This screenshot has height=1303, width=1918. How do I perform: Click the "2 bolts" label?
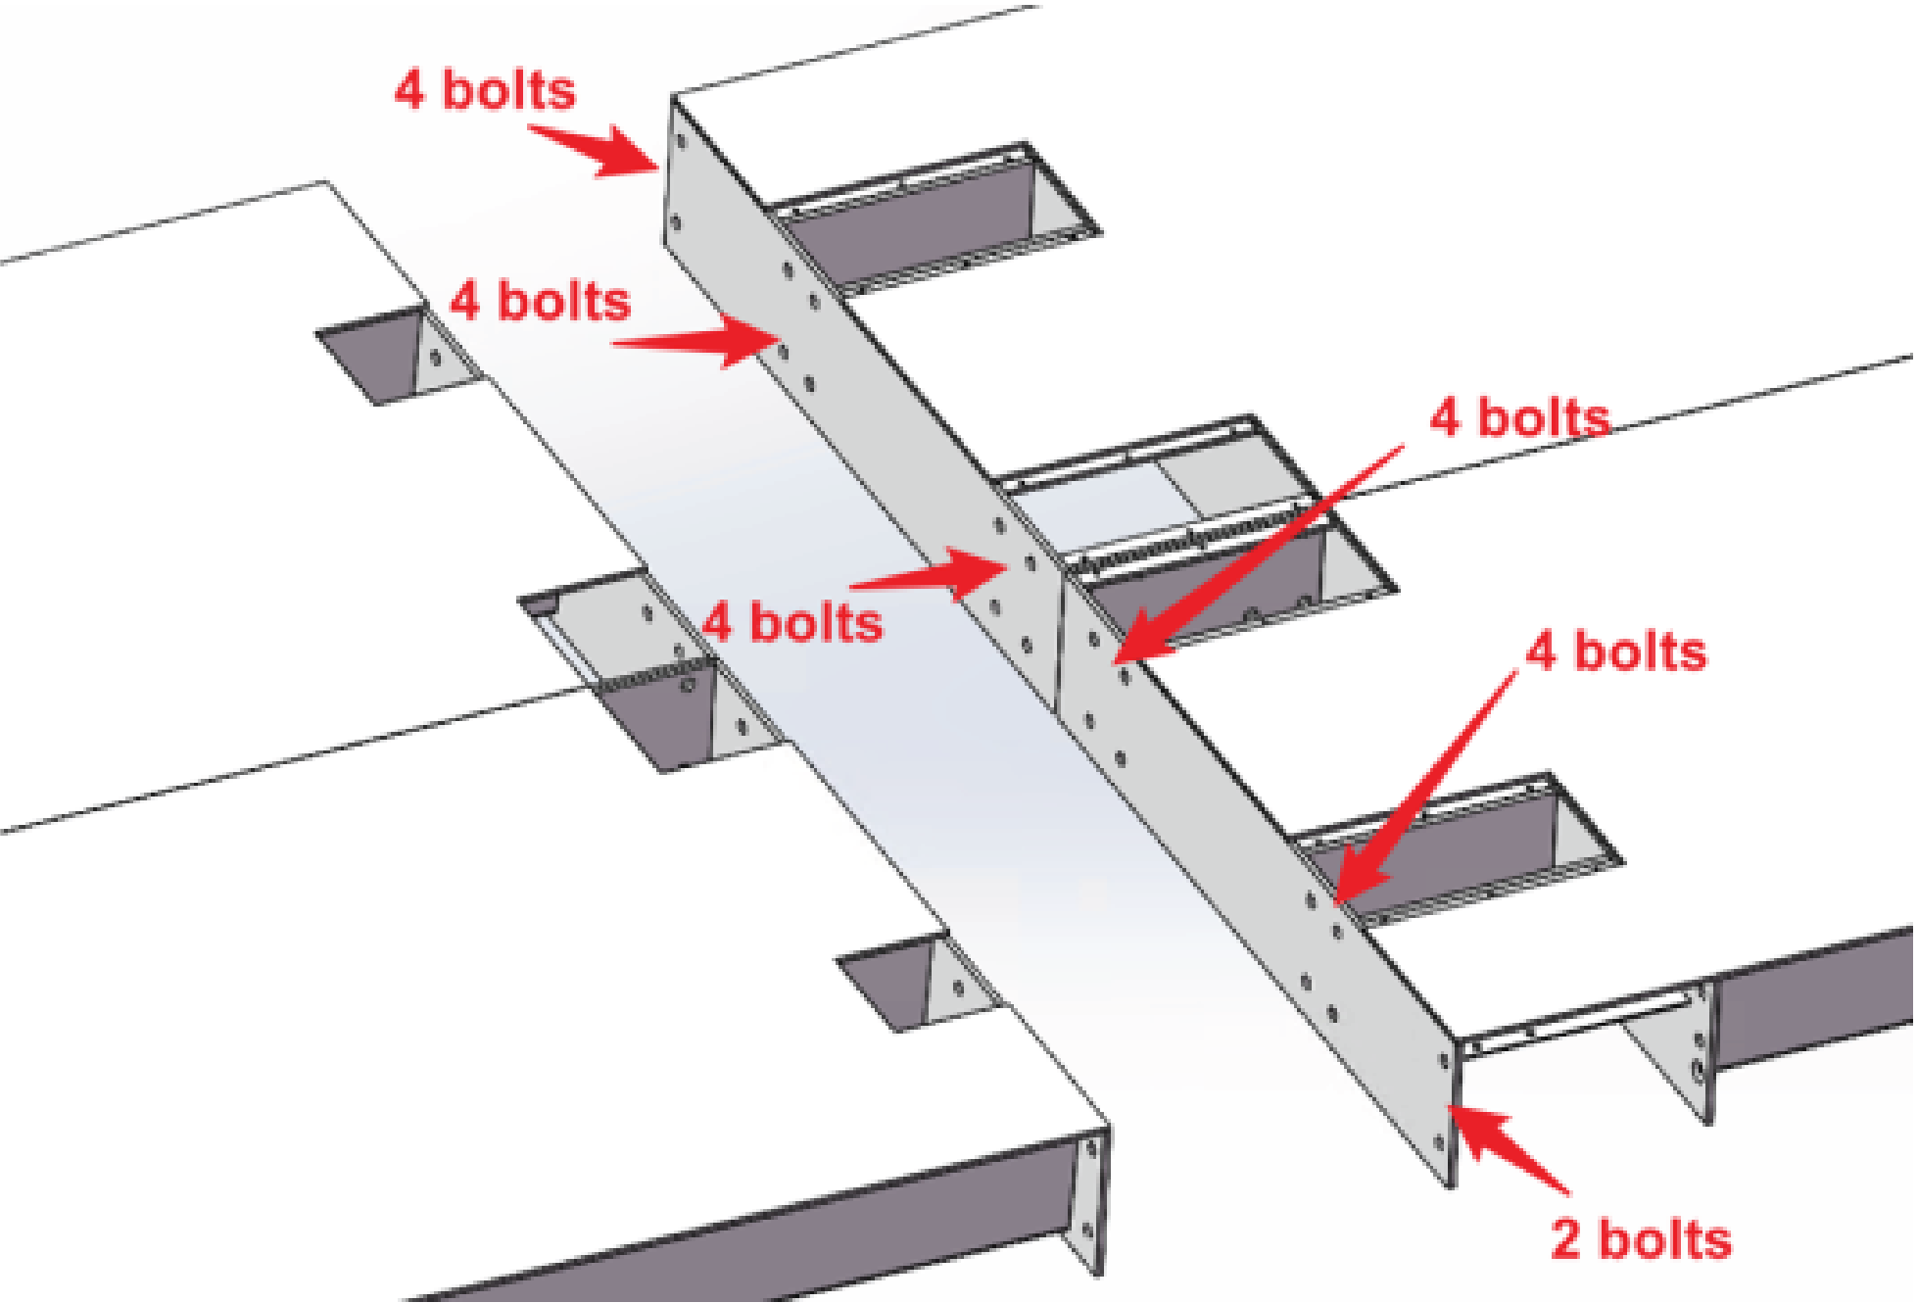click(1641, 1239)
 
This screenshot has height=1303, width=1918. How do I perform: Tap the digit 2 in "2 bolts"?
click(1566, 1240)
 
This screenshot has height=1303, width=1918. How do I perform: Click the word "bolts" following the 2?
click(1665, 1239)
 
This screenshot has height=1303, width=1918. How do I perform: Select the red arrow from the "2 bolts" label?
click(1513, 1151)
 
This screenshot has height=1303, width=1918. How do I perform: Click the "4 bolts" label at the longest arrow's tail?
click(1519, 418)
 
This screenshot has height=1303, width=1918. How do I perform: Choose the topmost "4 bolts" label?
click(485, 90)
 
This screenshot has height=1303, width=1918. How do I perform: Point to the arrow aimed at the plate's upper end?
click(598, 150)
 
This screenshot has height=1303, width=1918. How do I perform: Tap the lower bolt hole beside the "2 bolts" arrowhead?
click(1438, 1142)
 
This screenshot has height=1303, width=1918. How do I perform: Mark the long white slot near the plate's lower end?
click(1582, 1019)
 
